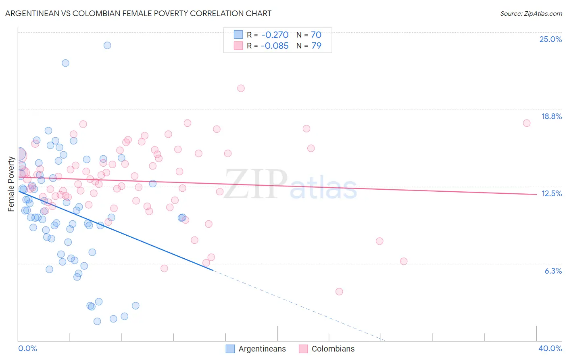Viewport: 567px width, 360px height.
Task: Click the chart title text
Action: tap(138, 13)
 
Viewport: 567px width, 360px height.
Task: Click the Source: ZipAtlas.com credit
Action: tap(531, 14)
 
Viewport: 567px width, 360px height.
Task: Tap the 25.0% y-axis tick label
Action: tap(550, 39)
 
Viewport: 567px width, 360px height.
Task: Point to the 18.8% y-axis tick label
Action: tap(551, 116)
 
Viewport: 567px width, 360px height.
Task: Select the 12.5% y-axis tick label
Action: tap(551, 193)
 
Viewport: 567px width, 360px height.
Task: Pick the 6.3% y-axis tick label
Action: tap(553, 271)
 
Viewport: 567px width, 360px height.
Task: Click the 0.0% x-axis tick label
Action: tap(27, 348)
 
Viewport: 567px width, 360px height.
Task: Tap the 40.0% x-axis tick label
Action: tap(550, 348)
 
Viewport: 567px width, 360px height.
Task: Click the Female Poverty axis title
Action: tap(11, 184)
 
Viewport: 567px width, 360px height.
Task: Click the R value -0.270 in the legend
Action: tap(275, 35)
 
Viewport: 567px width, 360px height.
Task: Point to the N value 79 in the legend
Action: tap(316, 46)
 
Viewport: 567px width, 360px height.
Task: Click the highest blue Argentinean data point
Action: tap(107, 45)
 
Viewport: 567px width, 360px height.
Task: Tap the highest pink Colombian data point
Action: tap(241, 88)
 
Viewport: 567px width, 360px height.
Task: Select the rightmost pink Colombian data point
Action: tap(527, 123)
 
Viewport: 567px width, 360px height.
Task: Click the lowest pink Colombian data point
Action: tap(339, 291)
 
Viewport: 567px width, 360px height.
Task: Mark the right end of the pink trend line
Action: tap(536, 194)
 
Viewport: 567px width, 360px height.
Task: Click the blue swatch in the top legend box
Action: tap(238, 35)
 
